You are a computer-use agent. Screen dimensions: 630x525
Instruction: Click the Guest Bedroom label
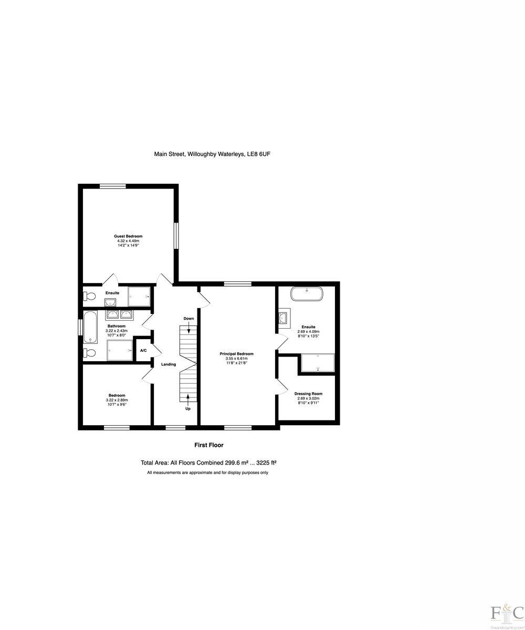[128, 236]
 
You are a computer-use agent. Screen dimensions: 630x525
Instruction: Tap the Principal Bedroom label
[237, 354]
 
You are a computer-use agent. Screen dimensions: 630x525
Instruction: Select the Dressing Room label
[308, 394]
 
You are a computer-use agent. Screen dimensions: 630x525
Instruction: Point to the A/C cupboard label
[143, 351]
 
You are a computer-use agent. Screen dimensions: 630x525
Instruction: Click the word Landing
[169, 364]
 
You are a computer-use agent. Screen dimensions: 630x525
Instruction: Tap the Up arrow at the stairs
[188, 402]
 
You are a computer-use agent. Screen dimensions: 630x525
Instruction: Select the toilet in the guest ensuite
[89, 297]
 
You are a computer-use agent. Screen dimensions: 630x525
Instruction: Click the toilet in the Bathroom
[89, 353]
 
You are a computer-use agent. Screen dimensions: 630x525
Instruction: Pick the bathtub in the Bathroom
[90, 327]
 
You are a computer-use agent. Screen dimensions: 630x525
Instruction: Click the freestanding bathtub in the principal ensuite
[307, 293]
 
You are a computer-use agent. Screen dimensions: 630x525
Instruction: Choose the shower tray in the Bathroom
[120, 350]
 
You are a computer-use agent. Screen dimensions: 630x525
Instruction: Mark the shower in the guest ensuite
[140, 296]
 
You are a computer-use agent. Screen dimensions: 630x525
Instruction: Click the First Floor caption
[209, 445]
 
